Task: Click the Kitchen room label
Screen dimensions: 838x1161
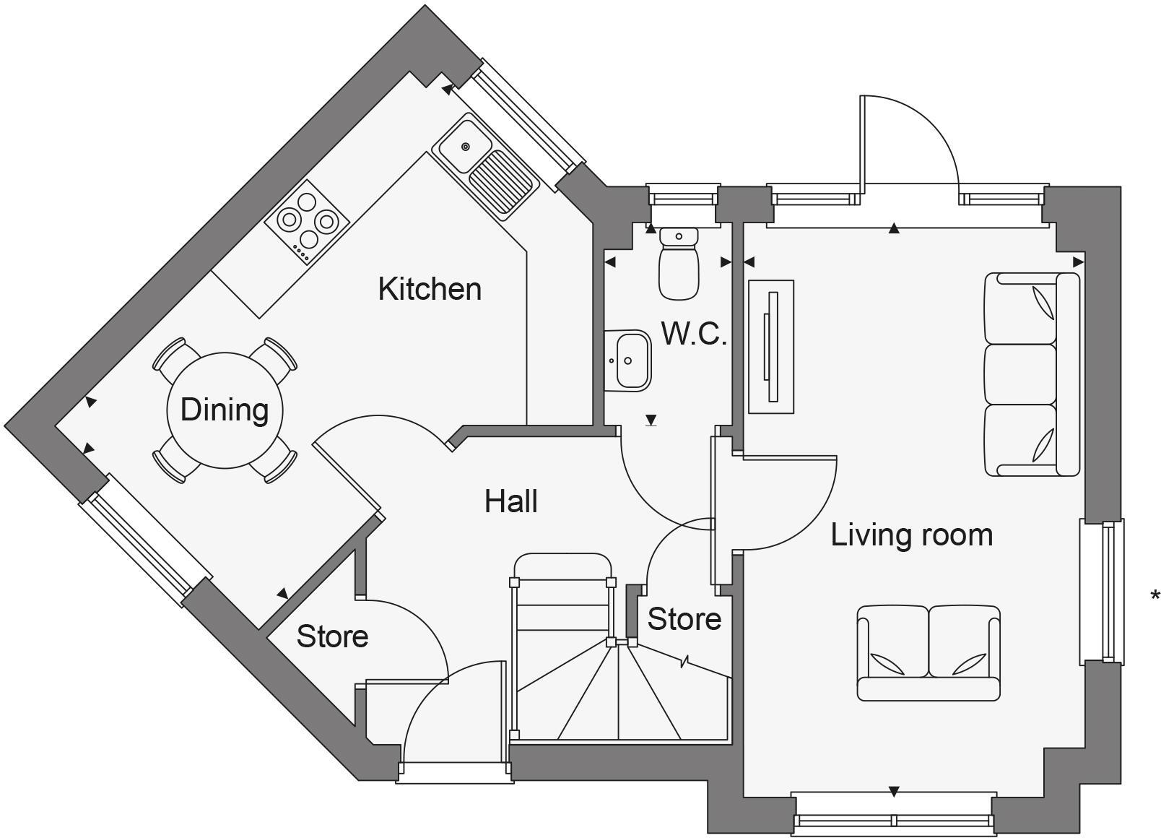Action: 430,289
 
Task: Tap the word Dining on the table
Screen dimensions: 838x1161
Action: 225,410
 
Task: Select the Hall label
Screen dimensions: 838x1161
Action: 510,501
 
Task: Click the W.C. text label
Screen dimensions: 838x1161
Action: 693,334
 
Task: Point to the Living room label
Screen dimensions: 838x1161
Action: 911,535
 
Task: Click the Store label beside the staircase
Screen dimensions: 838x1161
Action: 684,619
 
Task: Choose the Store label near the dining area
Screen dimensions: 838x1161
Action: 332,636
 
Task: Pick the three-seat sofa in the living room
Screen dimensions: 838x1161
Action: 1031,374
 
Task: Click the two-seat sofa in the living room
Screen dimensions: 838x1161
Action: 928,652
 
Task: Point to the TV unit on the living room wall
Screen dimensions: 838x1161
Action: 771,347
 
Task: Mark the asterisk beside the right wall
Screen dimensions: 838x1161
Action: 1155,596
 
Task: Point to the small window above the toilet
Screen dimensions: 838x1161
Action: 683,196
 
